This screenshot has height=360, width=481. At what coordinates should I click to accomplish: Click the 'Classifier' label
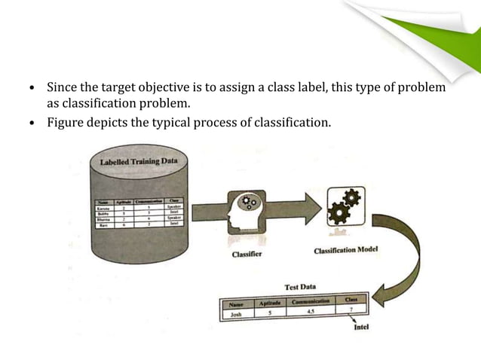[x=247, y=254]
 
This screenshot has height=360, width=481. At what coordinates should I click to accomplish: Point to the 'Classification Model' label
[x=346, y=249]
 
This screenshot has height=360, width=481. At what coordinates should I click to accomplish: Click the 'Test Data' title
[x=299, y=287]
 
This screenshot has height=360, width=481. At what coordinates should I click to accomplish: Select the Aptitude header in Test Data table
[x=270, y=303]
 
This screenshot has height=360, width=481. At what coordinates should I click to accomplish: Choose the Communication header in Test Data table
[x=311, y=302]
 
